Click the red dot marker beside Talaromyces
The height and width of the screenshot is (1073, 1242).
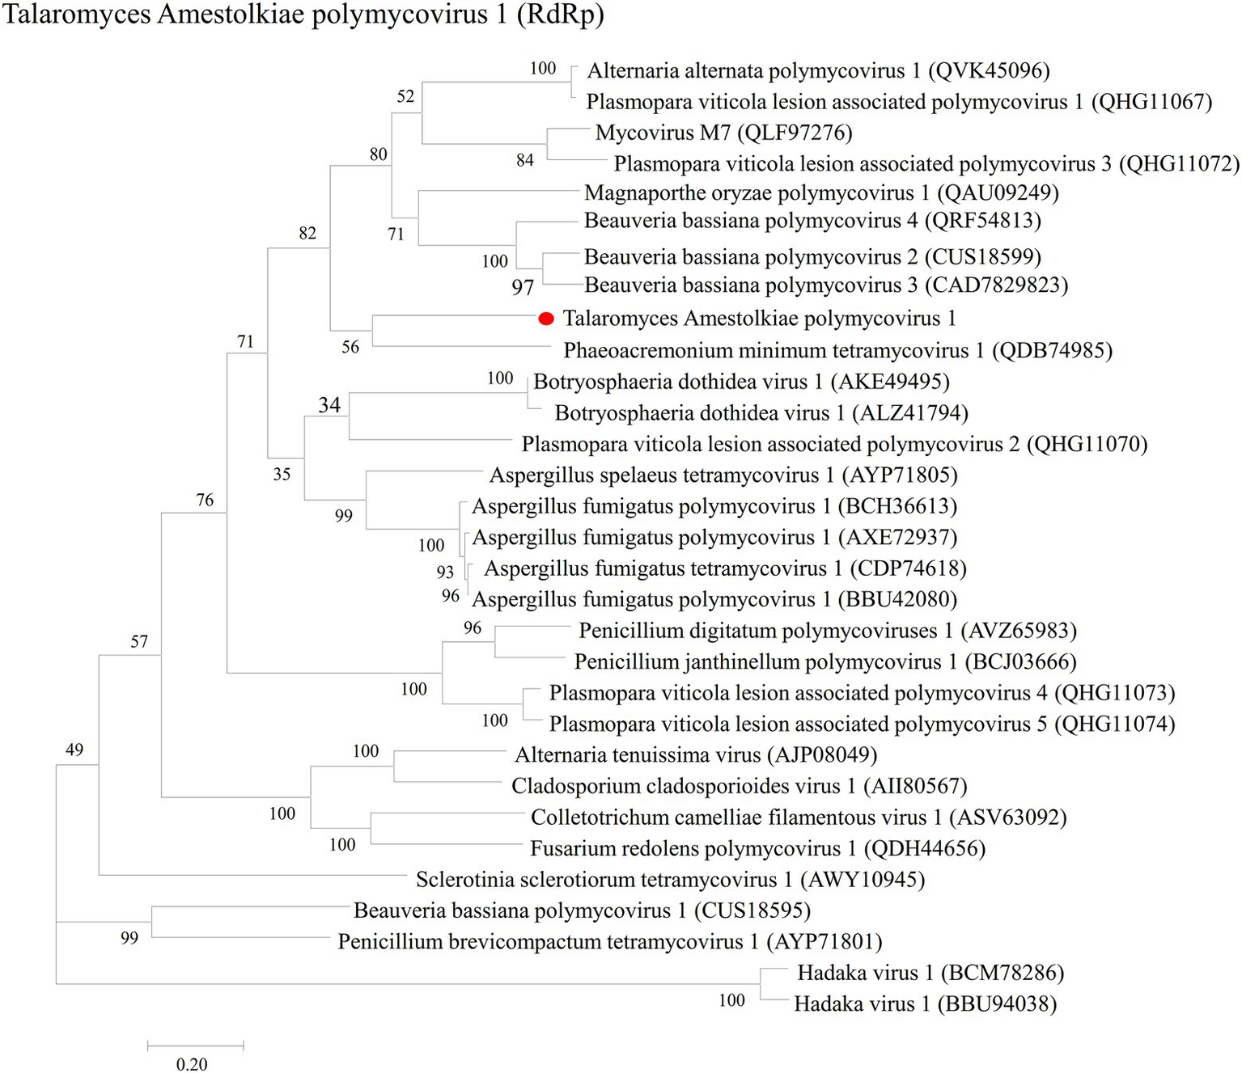[x=546, y=319]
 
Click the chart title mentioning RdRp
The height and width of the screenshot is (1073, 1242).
[x=303, y=15]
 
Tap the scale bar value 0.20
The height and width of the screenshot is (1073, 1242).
[x=192, y=1064]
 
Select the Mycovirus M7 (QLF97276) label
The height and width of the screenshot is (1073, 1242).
[x=723, y=133]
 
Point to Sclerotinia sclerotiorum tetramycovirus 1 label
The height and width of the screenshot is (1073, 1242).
[x=670, y=880]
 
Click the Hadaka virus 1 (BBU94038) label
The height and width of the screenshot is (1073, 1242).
[x=925, y=1004]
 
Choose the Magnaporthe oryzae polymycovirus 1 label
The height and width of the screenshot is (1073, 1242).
[x=821, y=193]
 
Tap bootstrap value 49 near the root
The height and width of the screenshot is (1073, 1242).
[x=74, y=750]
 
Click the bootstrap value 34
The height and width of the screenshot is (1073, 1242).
[x=329, y=404]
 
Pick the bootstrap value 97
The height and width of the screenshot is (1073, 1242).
[x=523, y=287]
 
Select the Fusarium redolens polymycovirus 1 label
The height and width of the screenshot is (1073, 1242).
[x=757, y=849]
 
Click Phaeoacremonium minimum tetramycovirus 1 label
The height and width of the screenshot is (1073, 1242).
[x=837, y=351]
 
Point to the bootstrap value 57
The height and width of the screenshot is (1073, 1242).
[x=139, y=641]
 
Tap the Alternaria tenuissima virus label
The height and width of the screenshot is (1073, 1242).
[x=696, y=755]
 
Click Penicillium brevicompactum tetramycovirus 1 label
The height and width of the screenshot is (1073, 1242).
[x=609, y=942]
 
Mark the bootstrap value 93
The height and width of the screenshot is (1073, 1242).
[x=445, y=572]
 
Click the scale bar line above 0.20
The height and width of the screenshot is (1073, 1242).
[x=195, y=1046]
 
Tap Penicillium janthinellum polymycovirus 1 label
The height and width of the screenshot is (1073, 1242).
[x=825, y=662]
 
